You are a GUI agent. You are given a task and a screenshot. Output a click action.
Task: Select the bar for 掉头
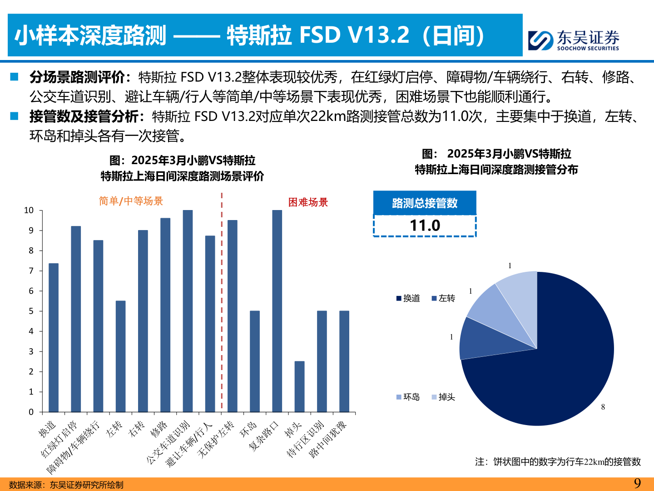299,386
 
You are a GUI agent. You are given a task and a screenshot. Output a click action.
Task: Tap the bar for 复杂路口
277,311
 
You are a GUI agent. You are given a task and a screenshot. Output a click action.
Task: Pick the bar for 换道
54,337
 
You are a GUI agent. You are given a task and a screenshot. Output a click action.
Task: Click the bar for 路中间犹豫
344,361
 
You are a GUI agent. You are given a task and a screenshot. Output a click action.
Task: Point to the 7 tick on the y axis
31,271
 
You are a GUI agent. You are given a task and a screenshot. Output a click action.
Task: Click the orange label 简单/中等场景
131,201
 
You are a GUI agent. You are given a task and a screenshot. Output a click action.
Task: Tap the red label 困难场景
308,202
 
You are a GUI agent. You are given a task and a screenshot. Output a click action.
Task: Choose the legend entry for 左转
443,298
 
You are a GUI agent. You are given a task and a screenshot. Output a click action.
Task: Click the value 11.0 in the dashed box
425,225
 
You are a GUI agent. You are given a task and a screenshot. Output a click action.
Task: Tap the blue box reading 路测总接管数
425,203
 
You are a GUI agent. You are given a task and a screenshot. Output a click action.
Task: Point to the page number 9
637,483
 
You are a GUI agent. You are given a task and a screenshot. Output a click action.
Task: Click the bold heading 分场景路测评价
77,77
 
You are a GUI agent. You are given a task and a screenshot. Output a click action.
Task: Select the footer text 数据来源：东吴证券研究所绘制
66,485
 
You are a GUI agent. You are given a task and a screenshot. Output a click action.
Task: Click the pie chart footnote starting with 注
558,462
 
